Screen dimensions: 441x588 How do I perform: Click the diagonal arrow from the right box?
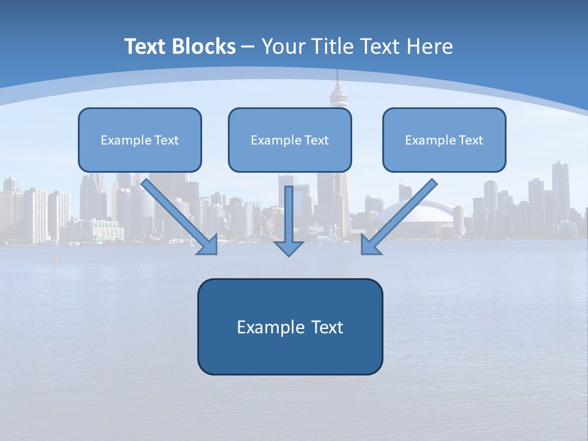pos(401,214)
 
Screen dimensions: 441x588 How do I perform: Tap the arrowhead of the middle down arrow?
pos(289,248)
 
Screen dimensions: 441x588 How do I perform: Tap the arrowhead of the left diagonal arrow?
pos(208,245)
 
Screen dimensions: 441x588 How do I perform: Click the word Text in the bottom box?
pos(327,327)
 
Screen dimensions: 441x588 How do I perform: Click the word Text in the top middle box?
pos(317,140)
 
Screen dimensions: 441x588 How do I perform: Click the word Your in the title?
pos(284,47)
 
